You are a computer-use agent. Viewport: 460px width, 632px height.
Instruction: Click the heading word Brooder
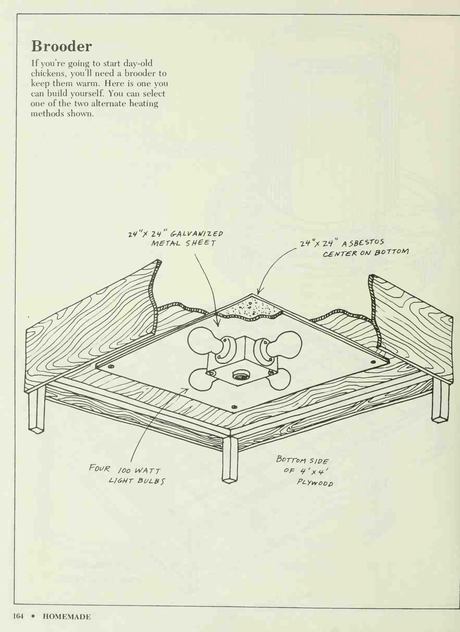pos(61,46)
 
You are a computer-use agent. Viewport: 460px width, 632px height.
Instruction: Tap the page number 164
pos(18,616)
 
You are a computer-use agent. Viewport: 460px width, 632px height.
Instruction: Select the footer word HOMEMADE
pos(67,617)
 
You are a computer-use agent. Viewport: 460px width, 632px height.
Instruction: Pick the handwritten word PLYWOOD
pos(315,482)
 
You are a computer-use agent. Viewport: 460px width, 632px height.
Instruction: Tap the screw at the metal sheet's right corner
pos(374,362)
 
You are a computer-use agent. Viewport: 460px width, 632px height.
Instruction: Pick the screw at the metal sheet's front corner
pos(234,407)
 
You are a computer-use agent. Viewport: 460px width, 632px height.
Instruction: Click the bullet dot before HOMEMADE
pos(33,617)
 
